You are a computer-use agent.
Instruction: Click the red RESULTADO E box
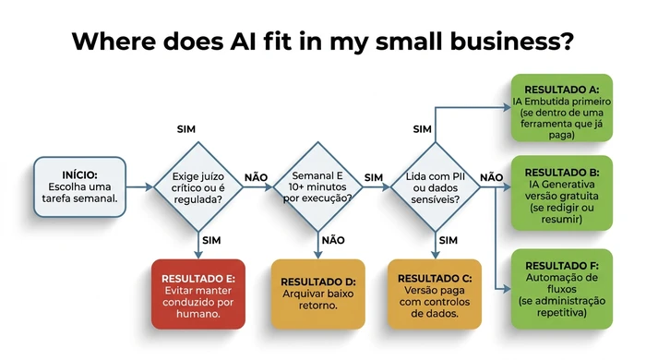[197, 294]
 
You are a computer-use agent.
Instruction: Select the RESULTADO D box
[317, 294]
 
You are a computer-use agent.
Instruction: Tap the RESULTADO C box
[436, 294]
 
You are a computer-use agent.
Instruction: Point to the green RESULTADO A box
[562, 108]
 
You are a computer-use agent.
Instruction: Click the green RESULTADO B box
[562, 197]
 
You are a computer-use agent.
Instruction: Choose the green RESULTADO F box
[562, 288]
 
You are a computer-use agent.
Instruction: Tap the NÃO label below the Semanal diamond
[332, 240]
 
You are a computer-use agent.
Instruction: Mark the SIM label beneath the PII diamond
[449, 240]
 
